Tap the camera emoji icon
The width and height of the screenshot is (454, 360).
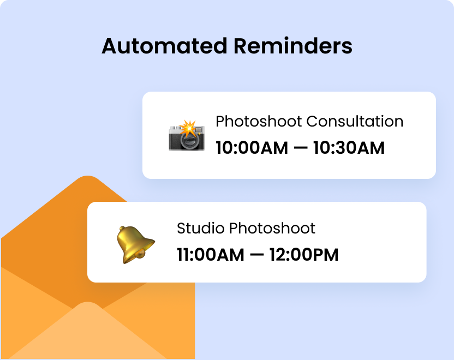click(x=187, y=135)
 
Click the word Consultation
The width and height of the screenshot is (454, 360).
click(x=355, y=121)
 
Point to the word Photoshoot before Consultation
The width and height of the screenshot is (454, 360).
click(x=259, y=121)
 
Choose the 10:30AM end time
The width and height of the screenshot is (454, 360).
click(x=349, y=148)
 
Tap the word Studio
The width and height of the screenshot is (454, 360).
click(x=200, y=228)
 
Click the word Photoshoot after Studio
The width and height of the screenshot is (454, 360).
click(x=272, y=228)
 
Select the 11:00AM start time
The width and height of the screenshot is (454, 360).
click(x=210, y=255)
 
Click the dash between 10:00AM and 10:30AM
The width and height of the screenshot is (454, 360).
click(x=295, y=148)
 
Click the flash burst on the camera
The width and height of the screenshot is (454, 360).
click(x=189, y=129)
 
